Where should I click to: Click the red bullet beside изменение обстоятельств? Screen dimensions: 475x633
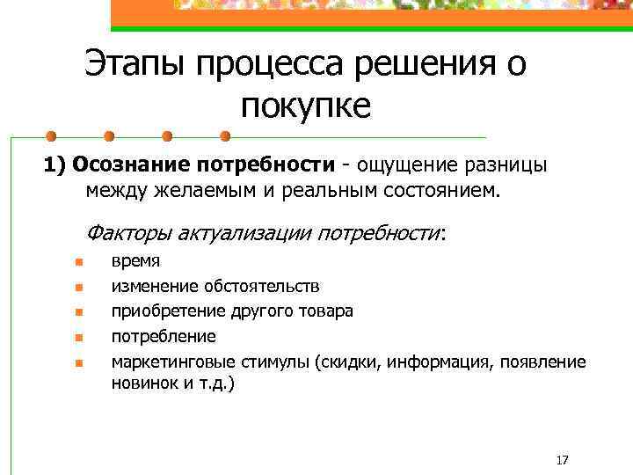78,287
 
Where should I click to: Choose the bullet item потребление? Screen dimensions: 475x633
163,336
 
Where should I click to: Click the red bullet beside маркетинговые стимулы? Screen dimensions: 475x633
78,362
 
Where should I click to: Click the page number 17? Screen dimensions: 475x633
563,460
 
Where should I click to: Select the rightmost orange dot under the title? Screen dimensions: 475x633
225,136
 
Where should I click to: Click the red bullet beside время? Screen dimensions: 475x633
78,262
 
